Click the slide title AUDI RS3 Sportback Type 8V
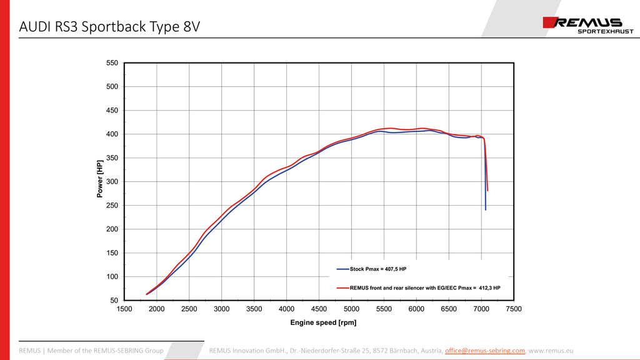point(110,27)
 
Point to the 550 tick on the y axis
point(112,63)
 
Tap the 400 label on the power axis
point(112,134)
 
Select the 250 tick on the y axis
point(112,206)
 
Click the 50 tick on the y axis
point(114,301)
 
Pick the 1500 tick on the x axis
point(124,309)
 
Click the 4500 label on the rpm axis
point(319,309)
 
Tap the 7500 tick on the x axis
point(514,309)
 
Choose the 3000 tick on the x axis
point(222,309)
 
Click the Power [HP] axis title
point(100,178)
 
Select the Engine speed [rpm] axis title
point(323,322)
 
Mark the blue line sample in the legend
point(342,269)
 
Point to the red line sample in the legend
point(342,287)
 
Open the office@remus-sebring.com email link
point(485,351)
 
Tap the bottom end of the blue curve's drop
point(486,209)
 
